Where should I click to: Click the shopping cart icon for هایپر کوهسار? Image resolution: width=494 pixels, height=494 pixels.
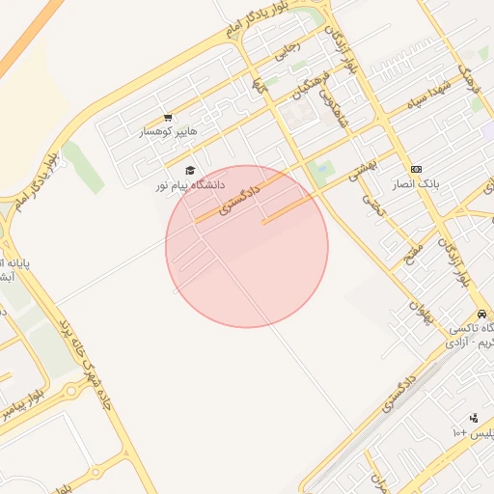coord(170,117)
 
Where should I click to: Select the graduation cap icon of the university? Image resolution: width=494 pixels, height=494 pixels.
coord(189,170)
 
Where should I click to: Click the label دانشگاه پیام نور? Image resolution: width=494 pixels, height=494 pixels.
coord(190,183)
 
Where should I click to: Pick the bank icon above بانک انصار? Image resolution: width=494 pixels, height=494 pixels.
coord(416,169)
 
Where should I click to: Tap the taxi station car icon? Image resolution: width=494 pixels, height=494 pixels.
coord(480,315)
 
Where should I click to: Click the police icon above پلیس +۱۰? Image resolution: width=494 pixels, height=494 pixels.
coord(474,418)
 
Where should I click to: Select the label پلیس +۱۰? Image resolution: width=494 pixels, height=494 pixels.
coord(472,432)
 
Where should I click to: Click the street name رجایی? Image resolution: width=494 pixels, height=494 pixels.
coord(288,50)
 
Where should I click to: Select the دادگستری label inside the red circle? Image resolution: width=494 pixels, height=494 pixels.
coord(240,193)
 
